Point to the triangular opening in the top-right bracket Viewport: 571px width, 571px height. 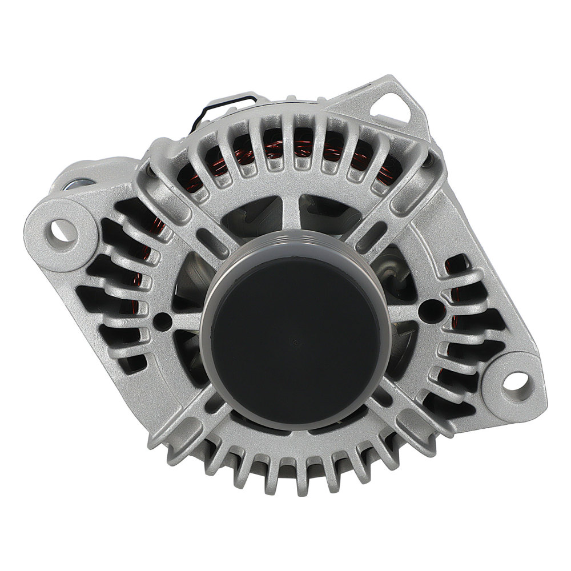click(x=395, y=107)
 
